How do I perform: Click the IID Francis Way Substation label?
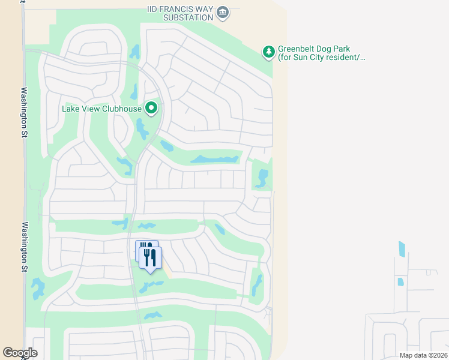pyautogui.click(x=180, y=13)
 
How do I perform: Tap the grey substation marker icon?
pyautogui.click(x=223, y=11)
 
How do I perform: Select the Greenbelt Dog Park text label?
pyautogui.click(x=322, y=53)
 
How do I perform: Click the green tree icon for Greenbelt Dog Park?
pyautogui.click(x=268, y=53)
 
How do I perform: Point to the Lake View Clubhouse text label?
pyautogui.click(x=101, y=109)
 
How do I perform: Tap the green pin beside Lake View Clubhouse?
pyautogui.click(x=152, y=108)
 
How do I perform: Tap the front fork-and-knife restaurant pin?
pyautogui.click(x=150, y=258)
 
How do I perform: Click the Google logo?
pyautogui.click(x=20, y=353)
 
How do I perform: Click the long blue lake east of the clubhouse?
pyautogui.click(x=214, y=159)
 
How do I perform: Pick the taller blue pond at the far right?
pyautogui.click(x=402, y=249)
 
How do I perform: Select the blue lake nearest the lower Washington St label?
pyautogui.click(x=38, y=288)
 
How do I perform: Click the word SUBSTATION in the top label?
pyautogui.click(x=191, y=17)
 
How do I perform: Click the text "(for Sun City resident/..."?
pyautogui.click(x=322, y=58)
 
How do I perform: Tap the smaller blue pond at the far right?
pyautogui.click(x=400, y=281)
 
